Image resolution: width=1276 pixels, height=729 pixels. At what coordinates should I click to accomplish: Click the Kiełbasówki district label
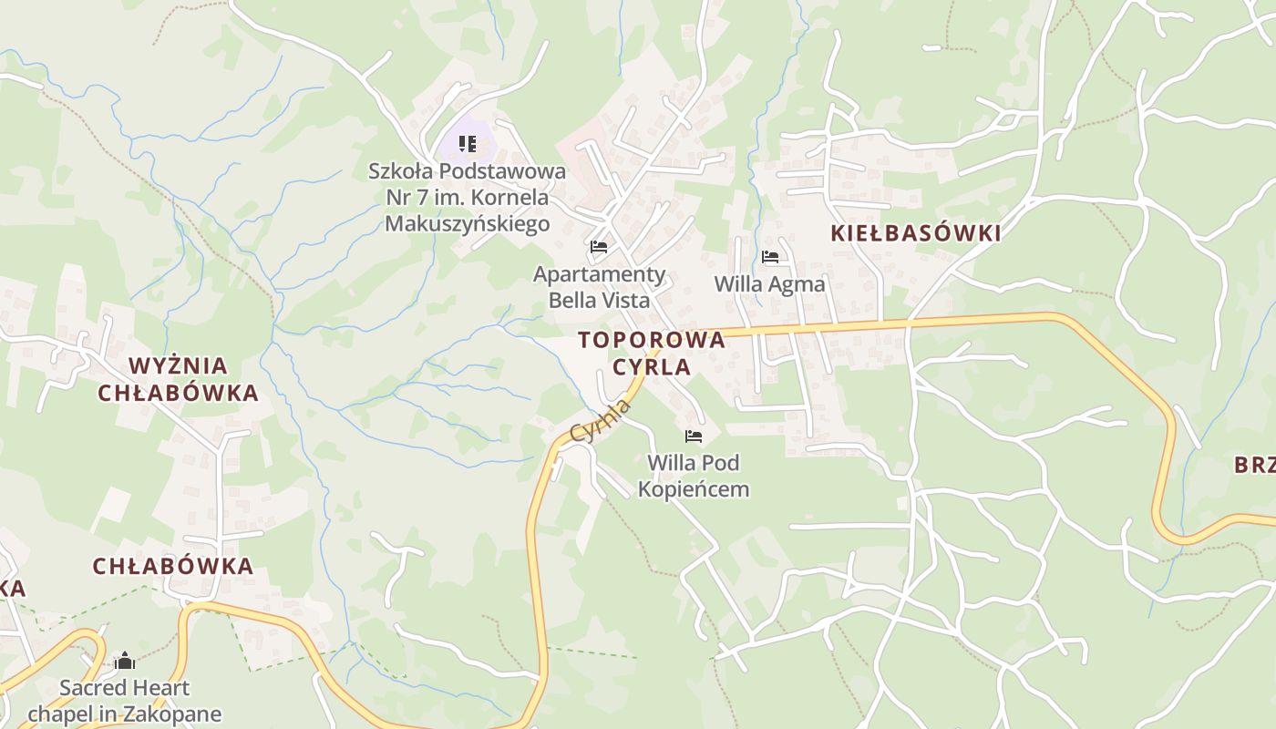point(915,233)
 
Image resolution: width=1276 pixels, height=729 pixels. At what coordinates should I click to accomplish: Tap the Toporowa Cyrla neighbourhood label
point(652,354)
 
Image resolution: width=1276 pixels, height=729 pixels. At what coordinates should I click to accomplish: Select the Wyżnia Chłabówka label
point(179,379)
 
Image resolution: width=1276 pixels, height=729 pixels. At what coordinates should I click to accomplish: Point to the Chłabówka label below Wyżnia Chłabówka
point(173,566)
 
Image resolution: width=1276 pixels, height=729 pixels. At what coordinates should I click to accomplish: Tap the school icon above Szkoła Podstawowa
point(468,144)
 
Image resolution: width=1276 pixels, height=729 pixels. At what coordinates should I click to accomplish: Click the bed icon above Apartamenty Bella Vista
point(599,247)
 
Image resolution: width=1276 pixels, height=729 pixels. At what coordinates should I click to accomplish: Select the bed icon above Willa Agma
point(770,257)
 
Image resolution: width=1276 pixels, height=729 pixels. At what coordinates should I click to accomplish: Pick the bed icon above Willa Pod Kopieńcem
point(694,436)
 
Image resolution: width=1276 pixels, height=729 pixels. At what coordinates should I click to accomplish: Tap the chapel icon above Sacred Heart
point(125,661)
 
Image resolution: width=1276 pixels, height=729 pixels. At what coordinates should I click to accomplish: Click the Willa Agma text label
point(769,284)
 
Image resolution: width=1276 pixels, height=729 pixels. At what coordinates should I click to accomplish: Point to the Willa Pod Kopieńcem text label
point(694,476)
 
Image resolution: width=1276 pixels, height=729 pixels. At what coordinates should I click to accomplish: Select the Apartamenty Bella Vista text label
point(600,287)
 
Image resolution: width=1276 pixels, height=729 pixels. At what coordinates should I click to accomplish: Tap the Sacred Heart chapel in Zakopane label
point(125,701)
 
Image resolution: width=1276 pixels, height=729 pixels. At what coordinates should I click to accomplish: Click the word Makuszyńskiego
point(468,223)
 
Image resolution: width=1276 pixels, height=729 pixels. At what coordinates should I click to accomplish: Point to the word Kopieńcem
point(694,489)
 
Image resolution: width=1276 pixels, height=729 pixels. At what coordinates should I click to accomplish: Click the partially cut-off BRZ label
point(1255,465)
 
